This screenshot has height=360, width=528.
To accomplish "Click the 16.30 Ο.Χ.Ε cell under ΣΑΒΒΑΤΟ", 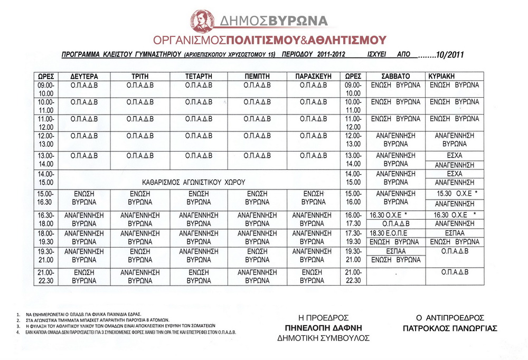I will point(389,215).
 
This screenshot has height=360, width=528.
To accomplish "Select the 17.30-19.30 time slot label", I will point(353,237).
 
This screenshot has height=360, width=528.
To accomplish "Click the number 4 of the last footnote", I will point(18,333).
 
